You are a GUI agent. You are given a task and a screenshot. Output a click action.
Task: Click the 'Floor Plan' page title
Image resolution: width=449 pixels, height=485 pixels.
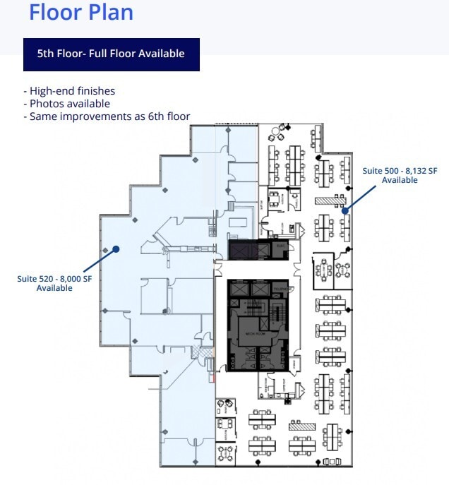(x=80, y=12)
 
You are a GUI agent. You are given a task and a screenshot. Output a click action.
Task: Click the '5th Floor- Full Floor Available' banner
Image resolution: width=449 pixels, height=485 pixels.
(x=111, y=54)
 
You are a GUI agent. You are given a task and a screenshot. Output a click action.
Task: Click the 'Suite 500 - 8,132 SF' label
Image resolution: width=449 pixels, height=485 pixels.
(x=400, y=171)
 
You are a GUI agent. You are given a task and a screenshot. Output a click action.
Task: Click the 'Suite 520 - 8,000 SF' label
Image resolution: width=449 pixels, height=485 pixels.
(x=55, y=279)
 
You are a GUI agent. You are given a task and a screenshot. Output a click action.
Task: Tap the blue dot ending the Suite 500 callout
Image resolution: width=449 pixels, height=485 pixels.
(x=345, y=210)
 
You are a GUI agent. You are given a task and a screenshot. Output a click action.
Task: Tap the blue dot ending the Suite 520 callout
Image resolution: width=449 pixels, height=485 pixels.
(x=117, y=249)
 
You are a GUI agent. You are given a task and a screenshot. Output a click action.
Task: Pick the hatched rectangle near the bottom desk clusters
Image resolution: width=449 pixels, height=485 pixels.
(x=301, y=426)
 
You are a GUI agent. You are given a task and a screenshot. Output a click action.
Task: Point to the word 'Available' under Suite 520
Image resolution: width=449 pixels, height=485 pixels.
(x=55, y=288)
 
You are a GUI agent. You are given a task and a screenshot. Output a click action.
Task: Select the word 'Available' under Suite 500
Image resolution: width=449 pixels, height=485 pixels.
(x=400, y=180)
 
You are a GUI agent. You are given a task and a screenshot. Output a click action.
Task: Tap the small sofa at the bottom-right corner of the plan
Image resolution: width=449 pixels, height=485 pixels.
(x=330, y=462)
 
